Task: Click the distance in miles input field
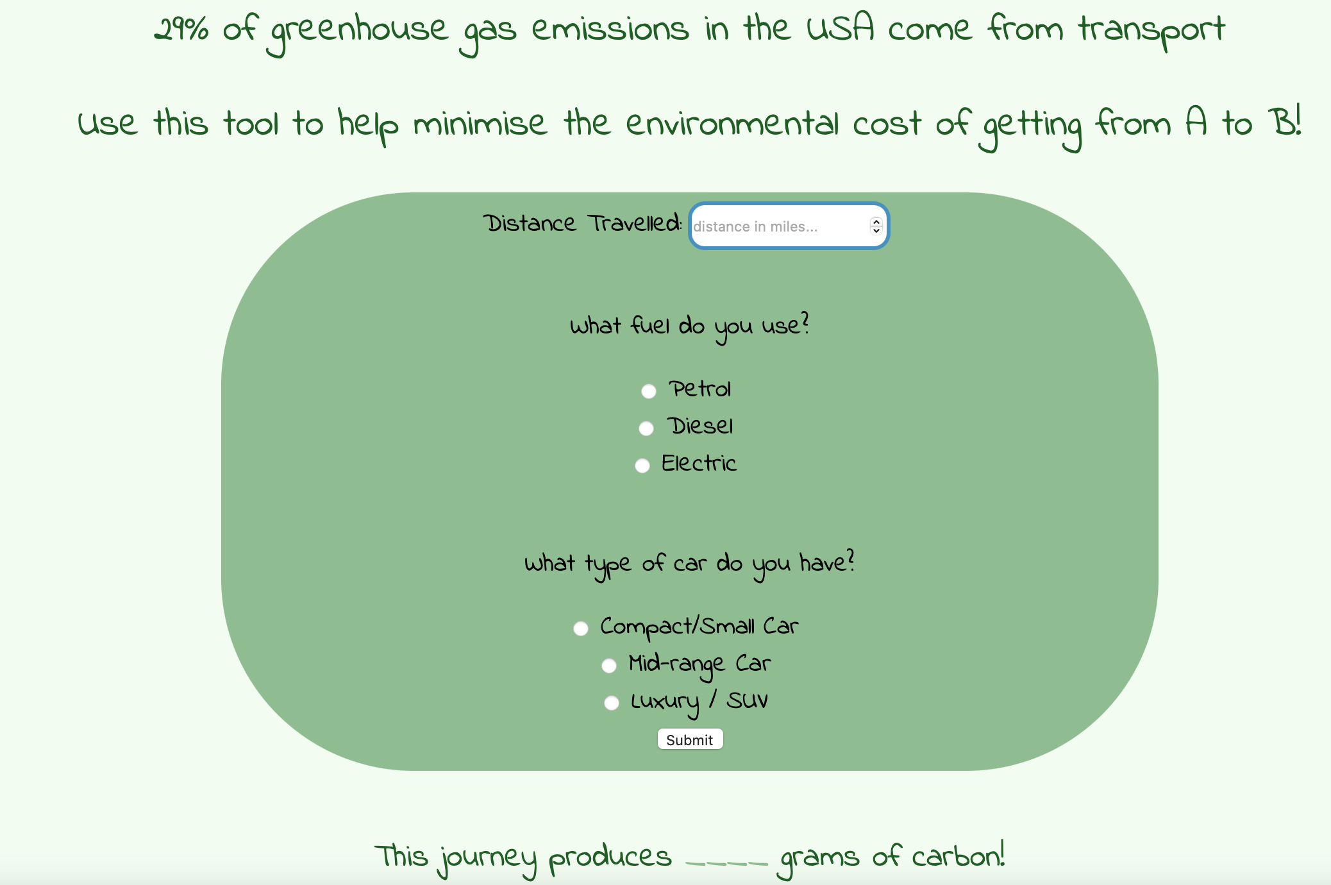(x=779, y=226)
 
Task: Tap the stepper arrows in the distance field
(x=876, y=226)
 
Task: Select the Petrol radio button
(x=649, y=391)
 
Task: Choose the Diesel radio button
(x=646, y=428)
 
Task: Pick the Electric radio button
(x=642, y=466)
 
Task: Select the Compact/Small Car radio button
(x=581, y=628)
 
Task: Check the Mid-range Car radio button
(x=609, y=666)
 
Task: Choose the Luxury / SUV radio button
(x=612, y=703)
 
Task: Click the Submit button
(x=690, y=739)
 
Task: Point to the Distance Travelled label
(x=582, y=223)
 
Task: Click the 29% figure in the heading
(x=181, y=29)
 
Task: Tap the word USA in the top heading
(x=840, y=28)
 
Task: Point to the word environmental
(x=732, y=123)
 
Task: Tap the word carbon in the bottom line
(x=958, y=855)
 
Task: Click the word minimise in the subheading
(x=480, y=123)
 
